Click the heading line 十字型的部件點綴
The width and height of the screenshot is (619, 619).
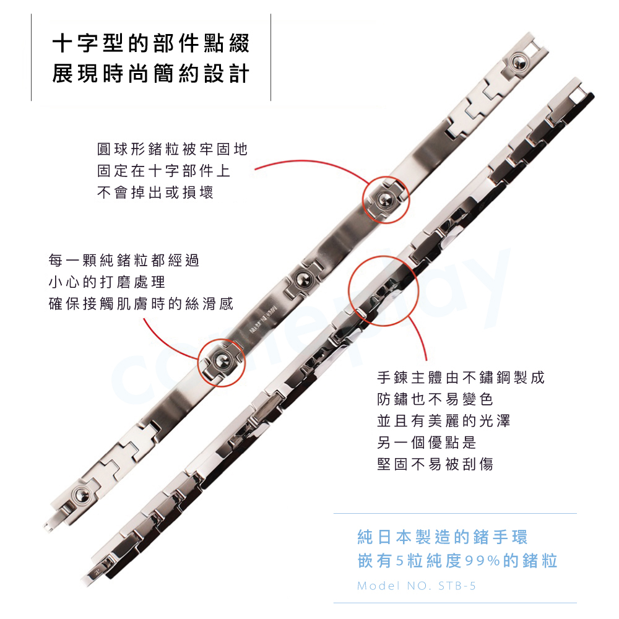(151, 43)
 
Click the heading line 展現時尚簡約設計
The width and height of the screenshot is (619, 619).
(151, 74)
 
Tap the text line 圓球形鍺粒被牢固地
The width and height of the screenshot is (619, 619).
(173, 149)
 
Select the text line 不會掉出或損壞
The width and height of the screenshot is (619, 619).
(155, 193)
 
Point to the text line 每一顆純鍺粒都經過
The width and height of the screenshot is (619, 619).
(124, 260)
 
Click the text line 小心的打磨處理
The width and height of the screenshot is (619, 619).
(107, 282)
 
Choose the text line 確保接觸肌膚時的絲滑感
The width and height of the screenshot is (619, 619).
(141, 304)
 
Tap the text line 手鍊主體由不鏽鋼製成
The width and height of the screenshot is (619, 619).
(461, 378)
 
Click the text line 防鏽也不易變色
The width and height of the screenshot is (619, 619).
(435, 399)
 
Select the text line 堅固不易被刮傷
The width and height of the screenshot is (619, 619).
(435, 464)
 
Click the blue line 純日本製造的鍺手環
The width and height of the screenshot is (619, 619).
(443, 537)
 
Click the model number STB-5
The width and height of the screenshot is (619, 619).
(457, 586)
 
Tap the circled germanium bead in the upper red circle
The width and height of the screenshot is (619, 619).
(386, 199)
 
